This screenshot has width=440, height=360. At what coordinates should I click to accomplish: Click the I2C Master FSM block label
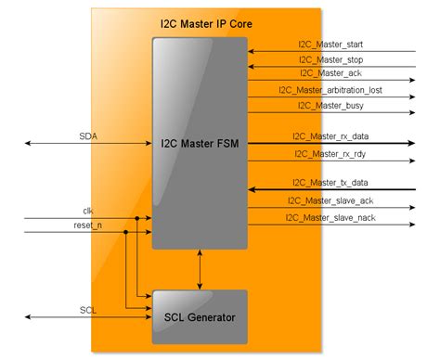point(201,145)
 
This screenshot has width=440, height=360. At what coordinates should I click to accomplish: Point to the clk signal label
point(88,212)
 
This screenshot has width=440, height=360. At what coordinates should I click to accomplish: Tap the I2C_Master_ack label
point(330,73)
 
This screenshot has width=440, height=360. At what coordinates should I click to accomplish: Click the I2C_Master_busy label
point(330,106)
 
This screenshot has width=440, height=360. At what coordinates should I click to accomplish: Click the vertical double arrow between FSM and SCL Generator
point(201,269)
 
